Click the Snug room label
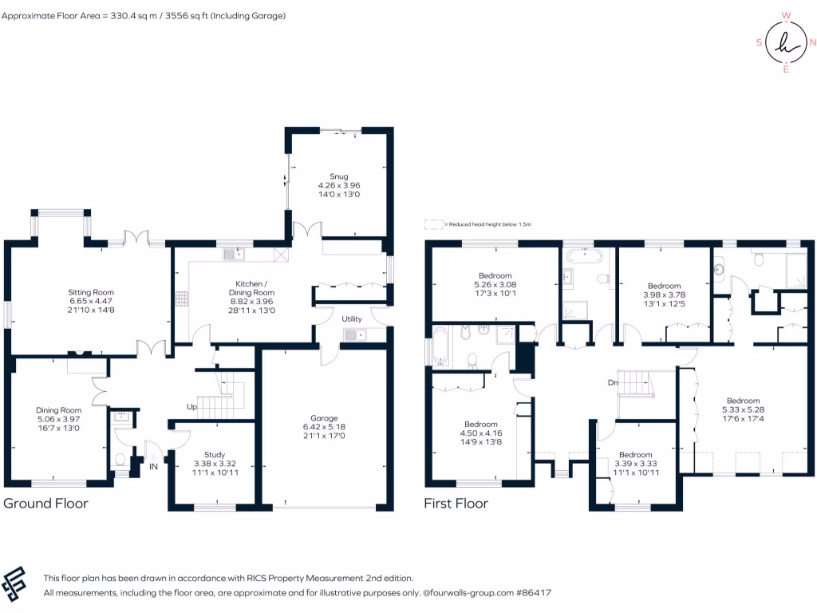[x=339, y=176]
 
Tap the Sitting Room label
[x=91, y=293]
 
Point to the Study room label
[x=215, y=454]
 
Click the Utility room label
[x=352, y=318]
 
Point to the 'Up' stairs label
[x=191, y=407]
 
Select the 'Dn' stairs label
[x=613, y=383]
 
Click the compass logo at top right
[x=786, y=43]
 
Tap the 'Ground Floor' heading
[x=45, y=504]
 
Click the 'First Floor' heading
[x=456, y=504]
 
